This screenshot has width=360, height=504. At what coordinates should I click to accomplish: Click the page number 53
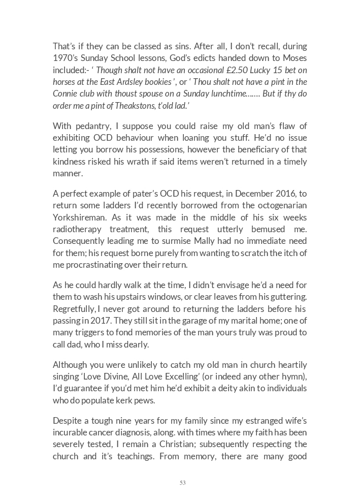coord(182,483)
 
